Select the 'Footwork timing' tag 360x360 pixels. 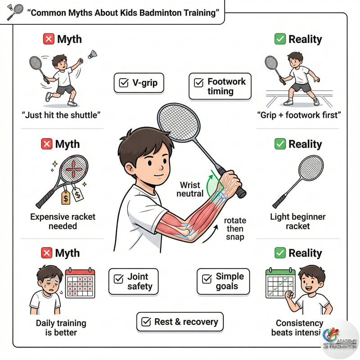[x=220, y=86]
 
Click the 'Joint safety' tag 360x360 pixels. [x=134, y=281]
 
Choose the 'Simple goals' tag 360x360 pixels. [x=223, y=281]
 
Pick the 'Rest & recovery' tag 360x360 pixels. [x=180, y=322]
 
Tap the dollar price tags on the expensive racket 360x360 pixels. [x=72, y=193]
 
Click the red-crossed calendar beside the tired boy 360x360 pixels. [x=80, y=283]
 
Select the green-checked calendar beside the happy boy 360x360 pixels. [x=280, y=283]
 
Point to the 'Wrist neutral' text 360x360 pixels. [x=191, y=189]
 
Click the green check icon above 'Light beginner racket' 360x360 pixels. [x=280, y=144]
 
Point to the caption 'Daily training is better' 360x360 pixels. [x=61, y=328]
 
